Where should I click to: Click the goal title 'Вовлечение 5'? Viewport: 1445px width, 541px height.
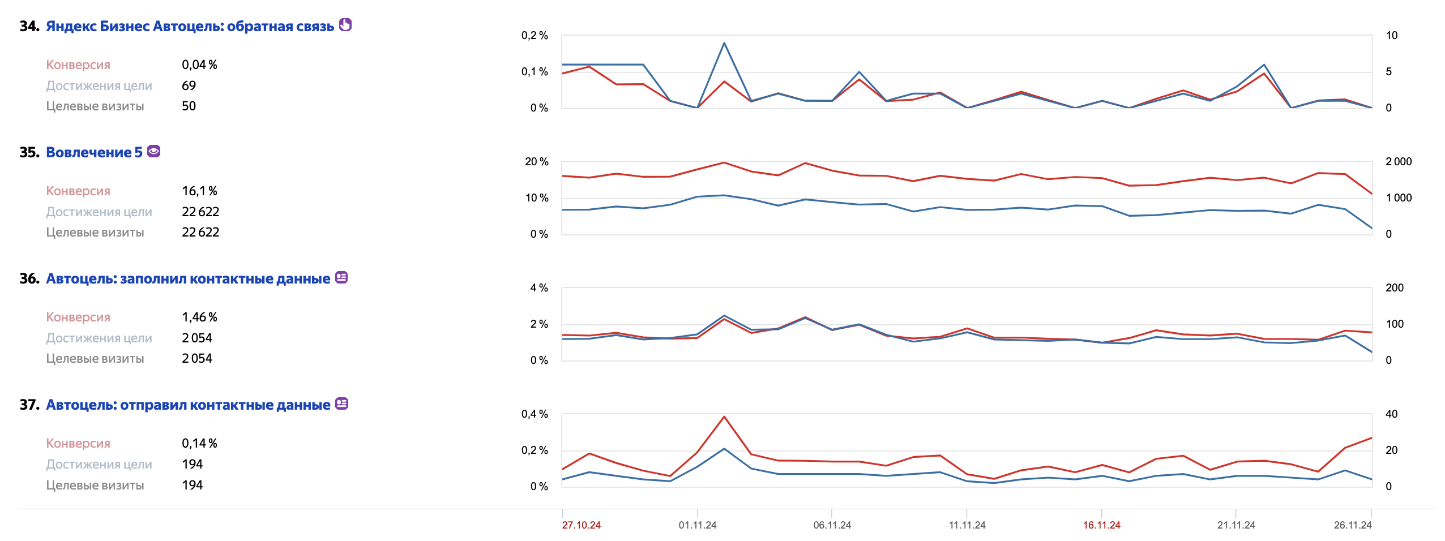point(94,152)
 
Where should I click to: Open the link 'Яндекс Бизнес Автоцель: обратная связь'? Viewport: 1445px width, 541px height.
point(190,26)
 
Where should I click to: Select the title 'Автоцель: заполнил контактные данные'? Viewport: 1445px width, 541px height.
point(188,278)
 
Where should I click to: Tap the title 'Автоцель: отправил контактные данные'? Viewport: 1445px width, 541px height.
point(188,405)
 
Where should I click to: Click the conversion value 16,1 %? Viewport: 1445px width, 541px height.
point(199,191)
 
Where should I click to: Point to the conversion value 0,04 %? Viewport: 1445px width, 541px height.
point(199,65)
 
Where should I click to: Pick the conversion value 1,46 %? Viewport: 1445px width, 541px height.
point(199,317)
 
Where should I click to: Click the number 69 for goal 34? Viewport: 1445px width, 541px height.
point(189,85)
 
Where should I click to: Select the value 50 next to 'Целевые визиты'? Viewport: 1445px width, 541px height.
point(189,106)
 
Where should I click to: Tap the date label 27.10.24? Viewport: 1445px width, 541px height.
point(581,525)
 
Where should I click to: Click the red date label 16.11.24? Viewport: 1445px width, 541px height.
point(1101,525)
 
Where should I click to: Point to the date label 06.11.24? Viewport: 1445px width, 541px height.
point(832,525)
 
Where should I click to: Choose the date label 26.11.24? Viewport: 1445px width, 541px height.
point(1352,525)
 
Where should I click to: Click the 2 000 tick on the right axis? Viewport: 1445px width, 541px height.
point(1398,162)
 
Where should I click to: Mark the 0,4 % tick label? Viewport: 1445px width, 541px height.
point(534,414)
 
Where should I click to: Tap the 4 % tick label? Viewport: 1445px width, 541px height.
point(538,288)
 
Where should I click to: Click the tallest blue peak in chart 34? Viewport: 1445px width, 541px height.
point(724,43)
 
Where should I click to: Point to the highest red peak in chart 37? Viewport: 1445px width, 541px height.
point(724,417)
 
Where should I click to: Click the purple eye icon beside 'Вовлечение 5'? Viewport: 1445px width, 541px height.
point(153,151)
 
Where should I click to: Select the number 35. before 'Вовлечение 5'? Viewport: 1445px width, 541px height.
point(29,152)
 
